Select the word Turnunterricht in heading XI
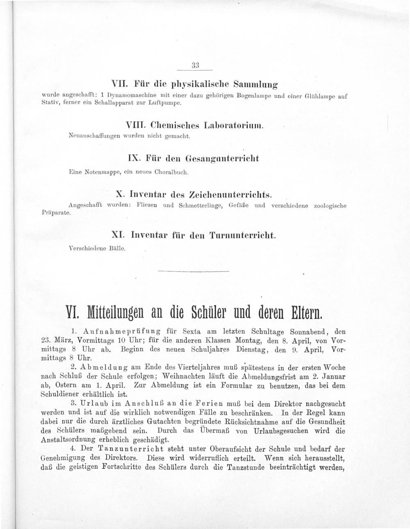[242, 235]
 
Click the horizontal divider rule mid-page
[193, 271]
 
